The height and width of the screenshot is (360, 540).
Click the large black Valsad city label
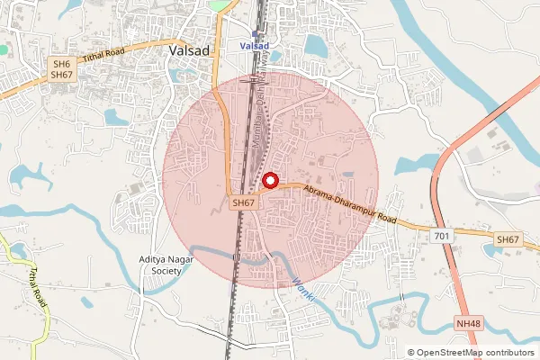pyautogui.click(x=189, y=51)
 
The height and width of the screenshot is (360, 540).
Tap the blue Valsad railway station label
pyautogui.click(x=260, y=46)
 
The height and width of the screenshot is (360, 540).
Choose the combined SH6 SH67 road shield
pyautogui.click(x=60, y=69)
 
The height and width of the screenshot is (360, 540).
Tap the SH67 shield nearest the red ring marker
pyautogui.click(x=244, y=204)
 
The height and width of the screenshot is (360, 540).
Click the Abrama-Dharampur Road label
pyautogui.click(x=349, y=205)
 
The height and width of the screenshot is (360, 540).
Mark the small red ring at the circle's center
pyautogui.click(x=269, y=181)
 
